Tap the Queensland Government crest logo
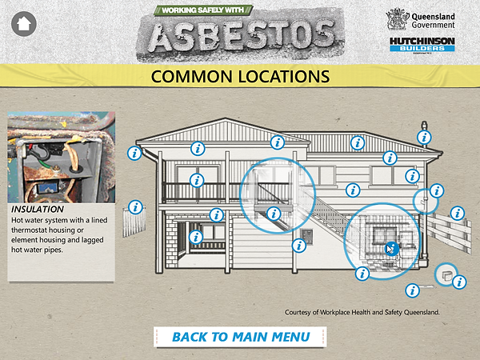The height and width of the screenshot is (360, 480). pyautogui.click(x=398, y=19)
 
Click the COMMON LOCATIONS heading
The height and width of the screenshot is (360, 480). pyautogui.click(x=240, y=77)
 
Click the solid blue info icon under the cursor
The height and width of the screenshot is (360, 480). pyautogui.click(x=390, y=249)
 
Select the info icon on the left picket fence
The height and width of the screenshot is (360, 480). pyautogui.click(x=135, y=207)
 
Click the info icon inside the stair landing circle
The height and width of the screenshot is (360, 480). pyautogui.click(x=274, y=214)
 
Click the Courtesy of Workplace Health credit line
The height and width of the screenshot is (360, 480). pyautogui.click(x=362, y=312)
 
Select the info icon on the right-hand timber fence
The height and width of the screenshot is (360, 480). pyautogui.click(x=457, y=213)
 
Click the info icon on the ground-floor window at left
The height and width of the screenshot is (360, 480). pyautogui.click(x=195, y=236)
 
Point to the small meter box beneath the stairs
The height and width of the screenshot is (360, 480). pyautogui.click(x=305, y=234)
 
